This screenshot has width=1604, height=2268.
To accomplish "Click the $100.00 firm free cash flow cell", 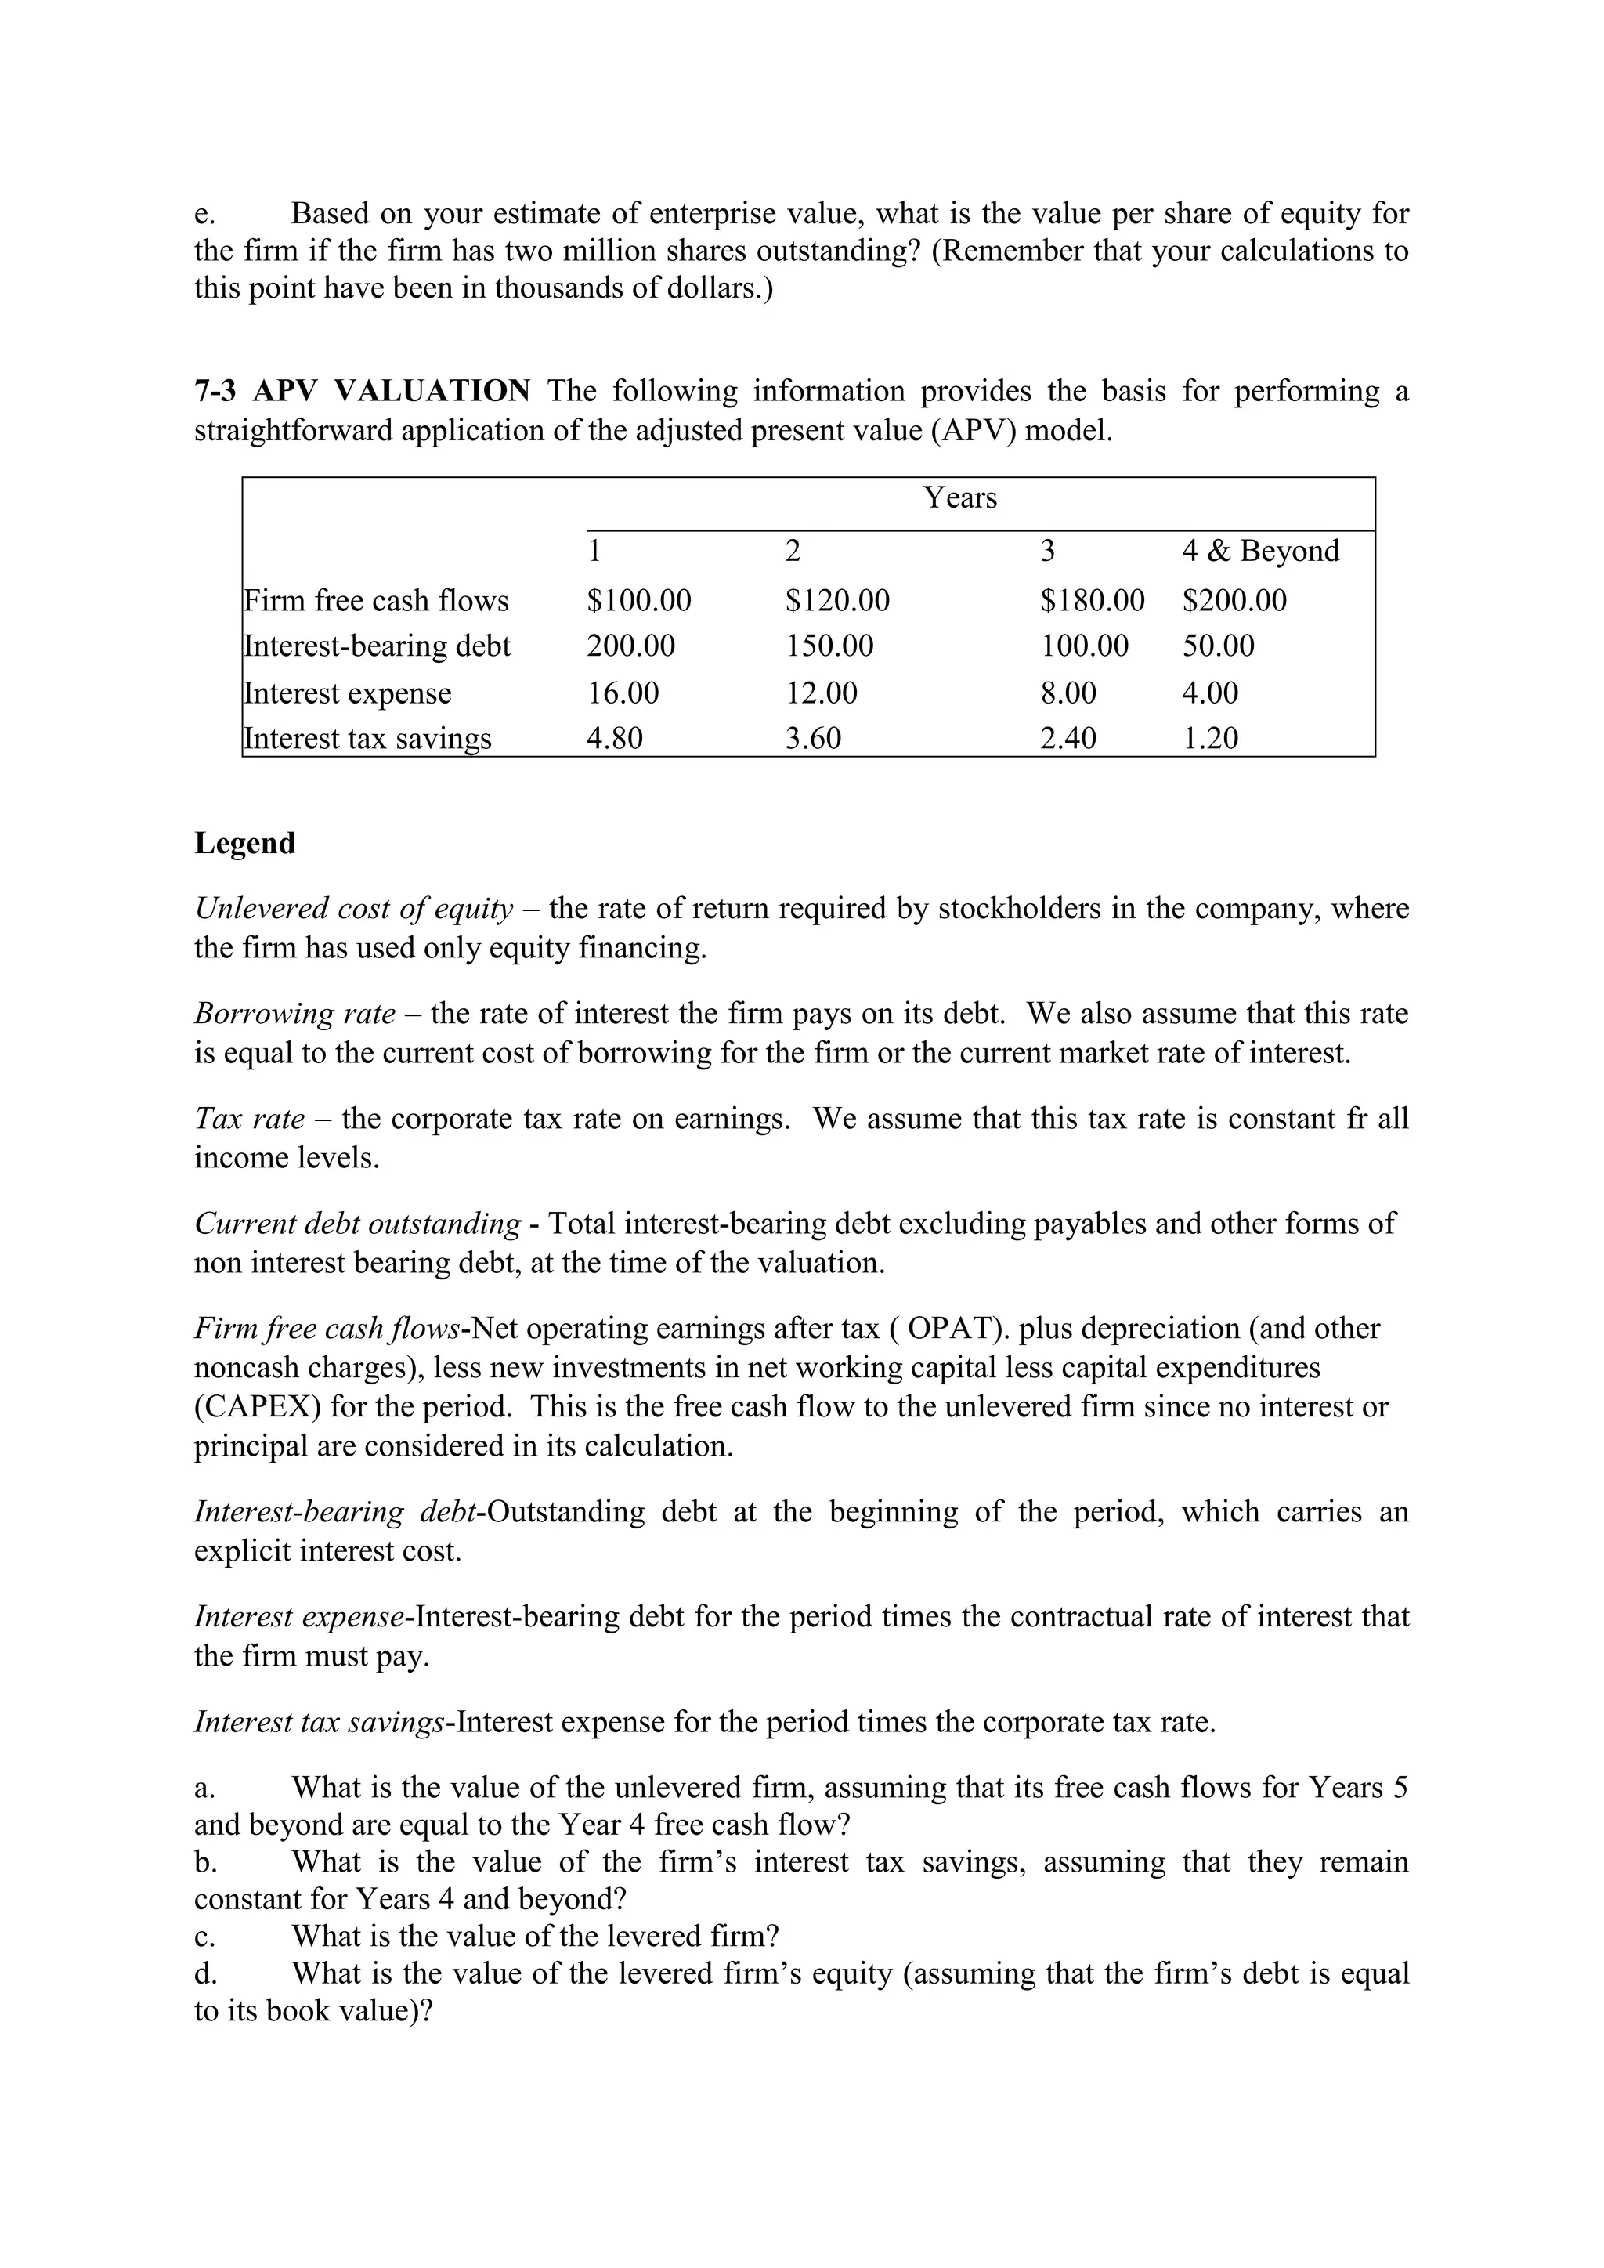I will click(639, 601).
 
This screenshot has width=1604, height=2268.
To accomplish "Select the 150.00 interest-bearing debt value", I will click(829, 646).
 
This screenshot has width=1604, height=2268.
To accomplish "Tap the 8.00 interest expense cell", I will click(1068, 693).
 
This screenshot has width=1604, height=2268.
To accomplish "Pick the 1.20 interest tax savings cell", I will click(1210, 738).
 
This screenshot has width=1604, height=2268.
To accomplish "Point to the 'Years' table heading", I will click(960, 497).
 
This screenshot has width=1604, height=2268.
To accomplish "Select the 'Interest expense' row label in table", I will click(348, 693).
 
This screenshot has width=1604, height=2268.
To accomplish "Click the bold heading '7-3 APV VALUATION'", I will click(363, 391).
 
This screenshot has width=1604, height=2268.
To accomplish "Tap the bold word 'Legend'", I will click(245, 843).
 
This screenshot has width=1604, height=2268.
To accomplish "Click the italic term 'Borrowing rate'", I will click(294, 1014).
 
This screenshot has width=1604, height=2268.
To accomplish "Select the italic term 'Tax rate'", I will click(250, 1118).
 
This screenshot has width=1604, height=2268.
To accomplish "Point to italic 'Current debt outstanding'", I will click(358, 1223).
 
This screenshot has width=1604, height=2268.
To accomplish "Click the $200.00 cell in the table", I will click(1234, 601).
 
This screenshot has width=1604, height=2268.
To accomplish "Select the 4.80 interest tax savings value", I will click(614, 738).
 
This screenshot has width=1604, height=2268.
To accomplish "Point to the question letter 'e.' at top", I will click(204, 213).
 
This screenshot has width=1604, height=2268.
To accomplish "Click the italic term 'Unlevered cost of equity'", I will click(353, 909).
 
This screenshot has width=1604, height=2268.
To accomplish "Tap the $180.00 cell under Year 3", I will click(1093, 601).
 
